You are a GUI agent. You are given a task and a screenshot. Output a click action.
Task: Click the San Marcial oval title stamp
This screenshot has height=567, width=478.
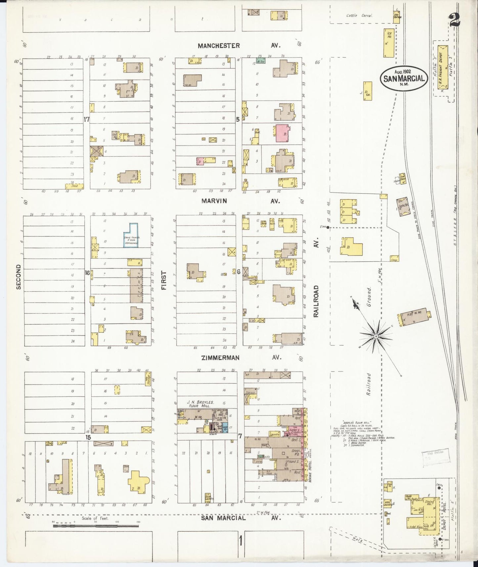pos(404,78)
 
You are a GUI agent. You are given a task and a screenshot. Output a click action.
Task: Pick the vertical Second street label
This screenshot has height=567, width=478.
pos(19,277)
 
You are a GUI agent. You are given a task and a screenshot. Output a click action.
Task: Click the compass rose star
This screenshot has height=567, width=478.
pos(376,336)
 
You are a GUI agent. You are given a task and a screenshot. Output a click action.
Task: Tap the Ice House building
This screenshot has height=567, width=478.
pos(389,43)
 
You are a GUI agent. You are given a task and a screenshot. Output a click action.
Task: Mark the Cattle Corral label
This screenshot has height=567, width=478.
pos(359,16)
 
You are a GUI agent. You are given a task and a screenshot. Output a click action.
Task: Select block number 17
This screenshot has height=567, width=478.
pos(86,119)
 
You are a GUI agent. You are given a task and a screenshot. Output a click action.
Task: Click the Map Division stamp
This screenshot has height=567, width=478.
pos(436,457)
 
